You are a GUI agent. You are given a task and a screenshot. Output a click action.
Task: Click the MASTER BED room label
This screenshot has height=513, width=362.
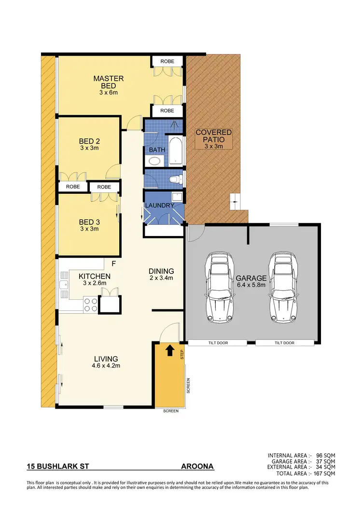click(x=109, y=82)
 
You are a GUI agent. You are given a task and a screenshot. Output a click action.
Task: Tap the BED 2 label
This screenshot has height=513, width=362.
click(x=89, y=141)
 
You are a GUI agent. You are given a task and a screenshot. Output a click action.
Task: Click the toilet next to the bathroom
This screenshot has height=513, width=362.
click(x=178, y=179)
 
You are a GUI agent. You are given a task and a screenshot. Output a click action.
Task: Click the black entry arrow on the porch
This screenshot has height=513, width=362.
click(x=169, y=350)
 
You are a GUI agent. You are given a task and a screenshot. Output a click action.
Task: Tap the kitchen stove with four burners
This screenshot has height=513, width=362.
click(x=90, y=305)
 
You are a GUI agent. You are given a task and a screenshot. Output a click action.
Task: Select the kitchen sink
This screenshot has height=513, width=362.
click(x=64, y=286)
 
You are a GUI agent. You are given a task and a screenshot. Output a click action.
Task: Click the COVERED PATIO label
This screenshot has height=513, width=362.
click(x=213, y=135)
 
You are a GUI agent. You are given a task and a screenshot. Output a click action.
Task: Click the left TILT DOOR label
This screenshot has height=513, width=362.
click(x=217, y=343)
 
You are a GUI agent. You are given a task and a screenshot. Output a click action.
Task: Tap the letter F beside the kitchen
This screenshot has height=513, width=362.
click(x=114, y=264)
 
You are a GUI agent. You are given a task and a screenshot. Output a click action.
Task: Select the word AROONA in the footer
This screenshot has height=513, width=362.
click(x=197, y=467)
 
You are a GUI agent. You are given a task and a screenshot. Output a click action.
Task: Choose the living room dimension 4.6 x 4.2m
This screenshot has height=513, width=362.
click(x=106, y=366)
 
